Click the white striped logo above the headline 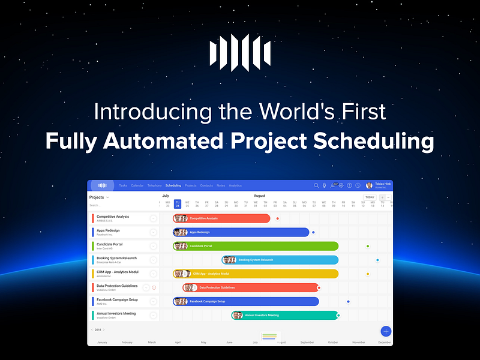[239, 53]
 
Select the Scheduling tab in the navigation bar [173, 185]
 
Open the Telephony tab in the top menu [154, 185]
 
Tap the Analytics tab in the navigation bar [235, 185]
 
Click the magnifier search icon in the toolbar [316, 185]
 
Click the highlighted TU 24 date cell [178, 205]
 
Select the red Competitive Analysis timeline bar [228, 218]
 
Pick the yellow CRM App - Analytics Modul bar [258, 274]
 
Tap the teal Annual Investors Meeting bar [288, 315]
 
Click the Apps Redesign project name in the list [108, 230]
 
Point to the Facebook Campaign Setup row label [117, 299]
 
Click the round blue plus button [386, 331]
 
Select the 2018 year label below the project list [98, 329]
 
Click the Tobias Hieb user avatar [369, 186]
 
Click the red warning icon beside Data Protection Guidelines [154, 287]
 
